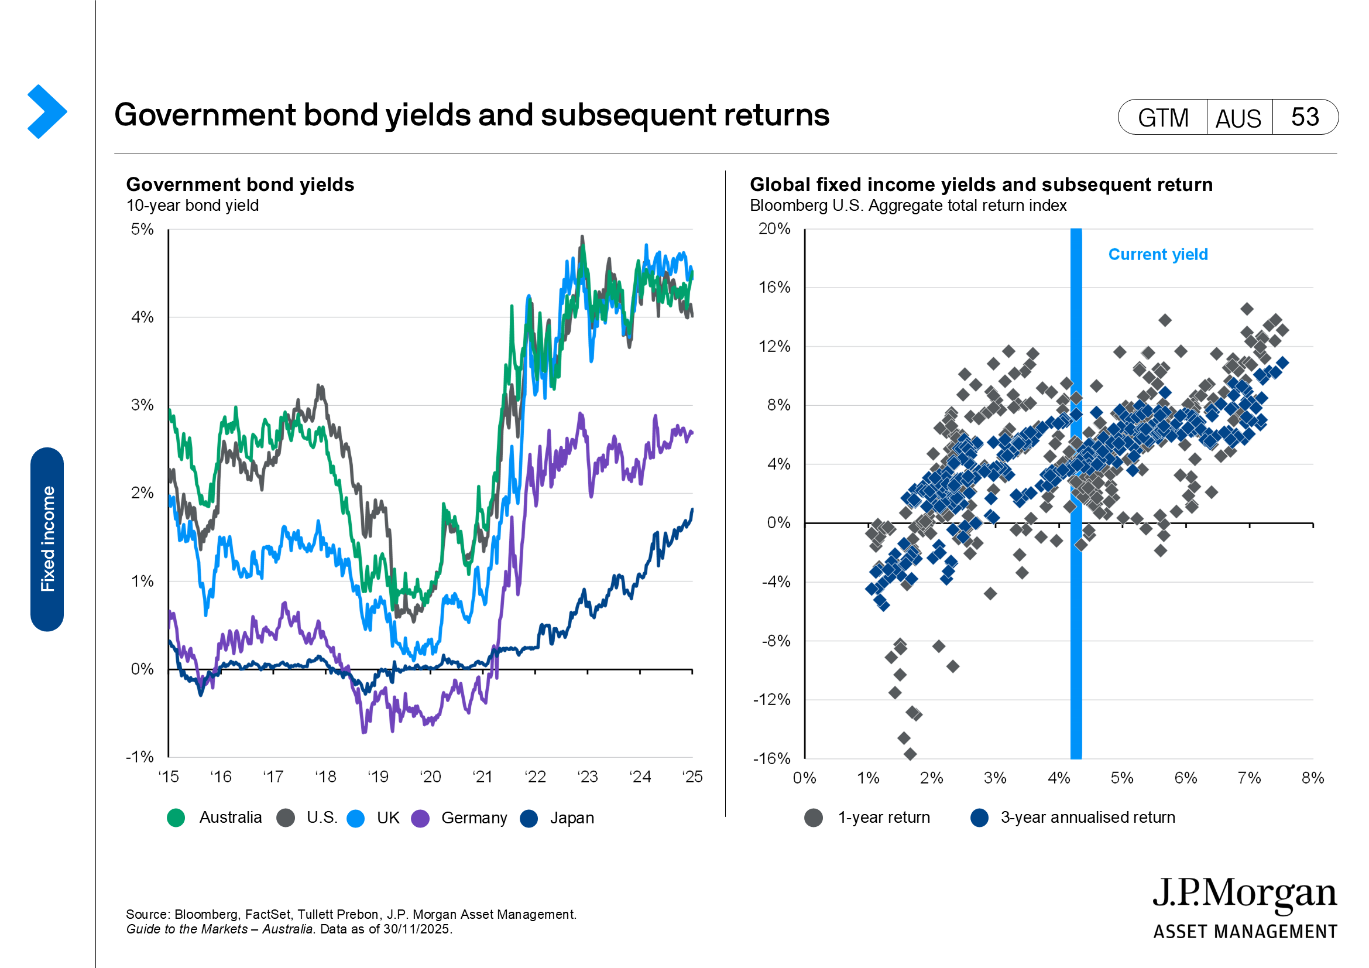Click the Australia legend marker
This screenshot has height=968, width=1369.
click(x=176, y=818)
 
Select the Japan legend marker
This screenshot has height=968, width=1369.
click(x=529, y=818)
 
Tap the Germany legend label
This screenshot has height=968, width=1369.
click(x=474, y=818)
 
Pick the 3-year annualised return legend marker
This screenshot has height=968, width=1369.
click(x=980, y=817)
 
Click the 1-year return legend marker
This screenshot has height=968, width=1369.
click(x=814, y=817)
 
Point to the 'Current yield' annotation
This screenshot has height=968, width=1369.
click(x=1158, y=255)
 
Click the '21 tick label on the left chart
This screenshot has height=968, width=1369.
click(x=482, y=777)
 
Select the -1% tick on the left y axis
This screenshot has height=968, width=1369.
click(x=139, y=757)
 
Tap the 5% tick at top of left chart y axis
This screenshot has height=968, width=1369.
click(x=142, y=230)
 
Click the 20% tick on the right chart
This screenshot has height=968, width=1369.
click(x=774, y=229)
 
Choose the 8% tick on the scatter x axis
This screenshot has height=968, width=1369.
click(x=1312, y=778)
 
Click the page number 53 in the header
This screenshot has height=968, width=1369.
click(x=1305, y=117)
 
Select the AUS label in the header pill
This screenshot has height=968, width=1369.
click(x=1238, y=118)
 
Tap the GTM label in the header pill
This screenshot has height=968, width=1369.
click(x=1163, y=118)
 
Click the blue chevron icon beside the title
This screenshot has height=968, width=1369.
click(x=46, y=111)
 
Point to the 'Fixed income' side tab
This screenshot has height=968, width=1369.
click(x=47, y=539)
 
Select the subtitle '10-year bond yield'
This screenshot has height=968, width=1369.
click(x=193, y=206)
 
